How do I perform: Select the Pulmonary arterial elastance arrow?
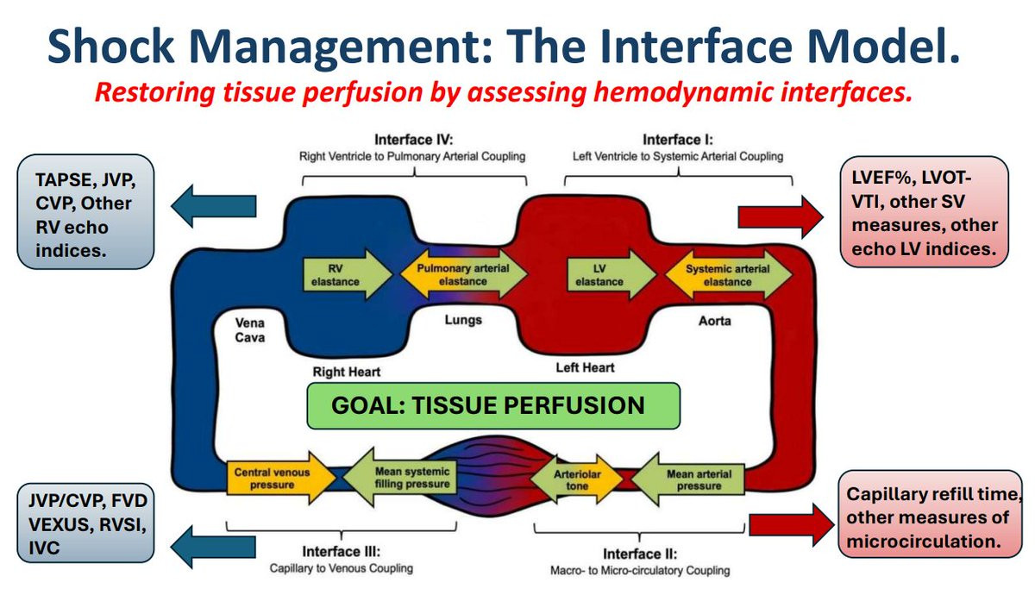(463, 274)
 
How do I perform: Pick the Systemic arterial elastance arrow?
(727, 274)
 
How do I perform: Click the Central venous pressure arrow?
(275, 479)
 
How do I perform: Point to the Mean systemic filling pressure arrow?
(404, 479)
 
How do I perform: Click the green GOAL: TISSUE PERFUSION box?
(494, 405)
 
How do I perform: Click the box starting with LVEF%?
(925, 213)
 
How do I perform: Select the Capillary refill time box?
(924, 518)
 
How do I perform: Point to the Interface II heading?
(640, 554)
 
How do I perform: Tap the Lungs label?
(464, 320)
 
